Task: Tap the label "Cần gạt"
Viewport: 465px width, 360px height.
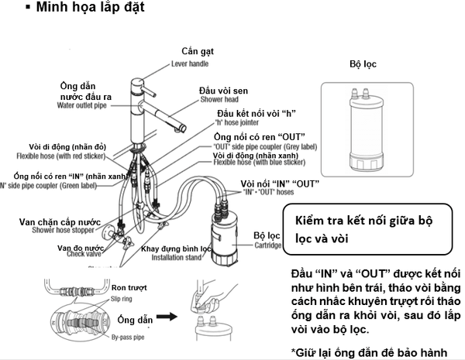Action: coord(197,51)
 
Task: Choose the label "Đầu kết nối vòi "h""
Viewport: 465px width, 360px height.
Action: coord(250,115)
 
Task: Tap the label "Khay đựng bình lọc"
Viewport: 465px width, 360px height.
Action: coord(175,249)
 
